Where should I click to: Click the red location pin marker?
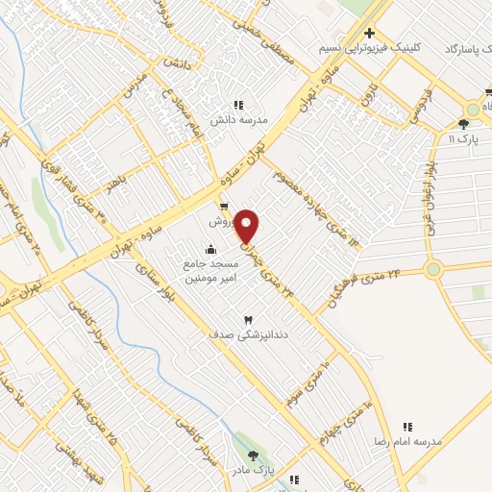coord(247,226)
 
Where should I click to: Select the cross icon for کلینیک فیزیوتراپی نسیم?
coord(369,34)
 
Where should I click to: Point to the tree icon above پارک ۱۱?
coord(464,125)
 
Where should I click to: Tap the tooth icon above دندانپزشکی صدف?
coord(248,319)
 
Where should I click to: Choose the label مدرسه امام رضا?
coord(408,441)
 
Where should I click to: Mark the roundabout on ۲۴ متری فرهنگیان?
coord(434,269)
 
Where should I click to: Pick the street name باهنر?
coord(116,183)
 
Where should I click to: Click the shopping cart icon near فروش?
coord(224,207)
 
